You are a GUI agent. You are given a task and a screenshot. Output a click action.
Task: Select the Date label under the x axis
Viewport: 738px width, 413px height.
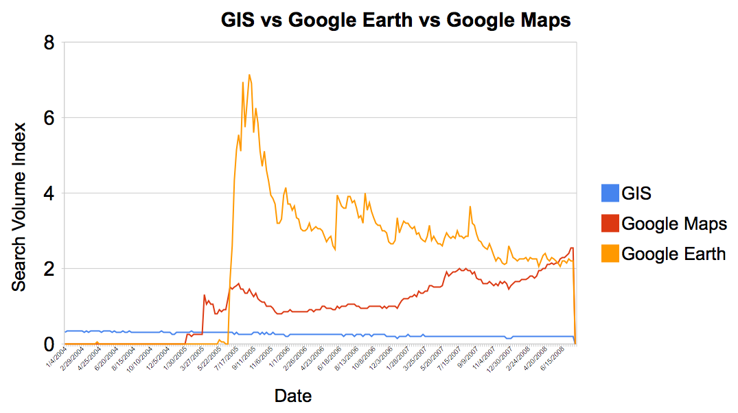pos(292,396)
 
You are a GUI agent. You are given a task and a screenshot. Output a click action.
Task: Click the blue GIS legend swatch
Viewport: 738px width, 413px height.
pos(609,193)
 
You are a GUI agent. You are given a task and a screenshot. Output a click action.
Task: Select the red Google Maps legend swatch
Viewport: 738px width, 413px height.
pos(609,224)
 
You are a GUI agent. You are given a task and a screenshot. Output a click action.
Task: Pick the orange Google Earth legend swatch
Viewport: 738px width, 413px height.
pos(609,253)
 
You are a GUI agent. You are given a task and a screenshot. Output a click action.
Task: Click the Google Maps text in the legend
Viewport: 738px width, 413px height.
pos(673,224)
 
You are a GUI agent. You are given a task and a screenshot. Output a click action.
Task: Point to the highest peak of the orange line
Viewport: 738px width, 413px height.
pos(249,75)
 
